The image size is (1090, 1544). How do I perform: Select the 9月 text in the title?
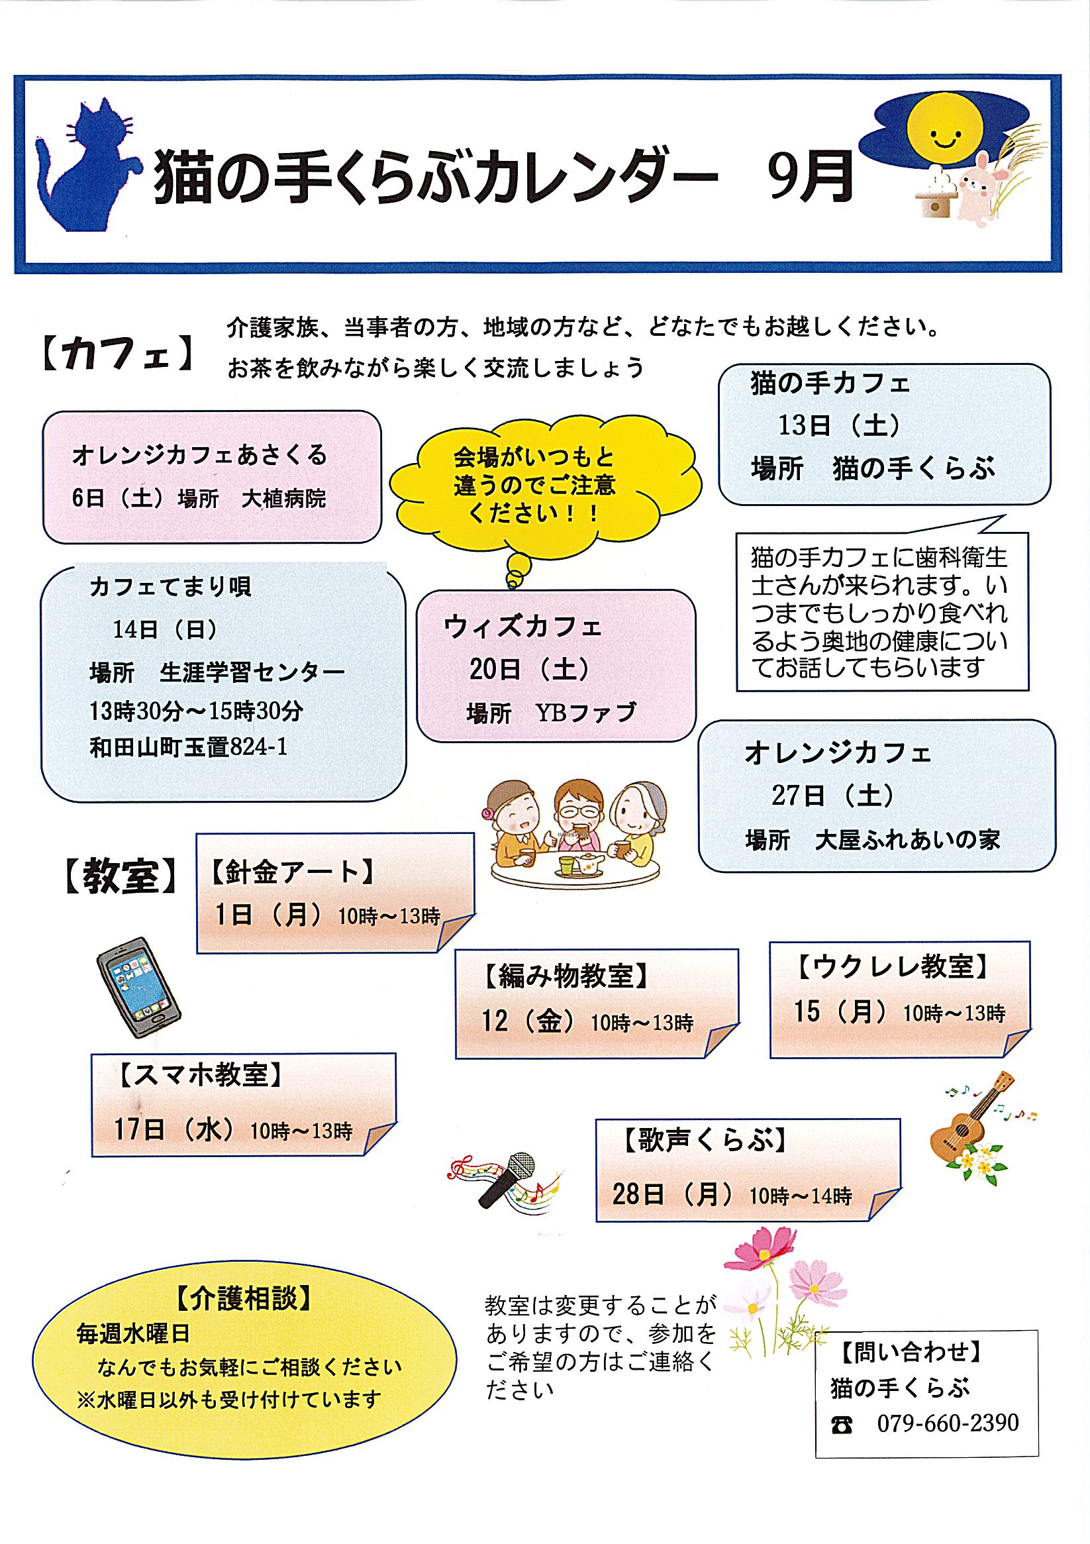pyautogui.click(x=810, y=176)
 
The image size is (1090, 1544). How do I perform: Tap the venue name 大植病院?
pyautogui.click(x=284, y=499)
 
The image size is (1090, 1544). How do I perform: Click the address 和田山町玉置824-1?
pyautogui.click(x=188, y=747)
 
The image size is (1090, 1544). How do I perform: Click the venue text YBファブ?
pyautogui.click(x=585, y=712)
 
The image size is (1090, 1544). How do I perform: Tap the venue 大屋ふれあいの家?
pyautogui.click(x=907, y=840)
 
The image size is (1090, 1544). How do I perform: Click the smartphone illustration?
pyautogui.click(x=138, y=987)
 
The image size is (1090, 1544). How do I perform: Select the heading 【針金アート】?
pyautogui.click(x=293, y=873)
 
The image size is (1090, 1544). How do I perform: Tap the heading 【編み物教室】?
pyautogui.click(x=566, y=976)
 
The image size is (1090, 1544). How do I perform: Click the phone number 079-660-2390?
pyautogui.click(x=948, y=1423)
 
